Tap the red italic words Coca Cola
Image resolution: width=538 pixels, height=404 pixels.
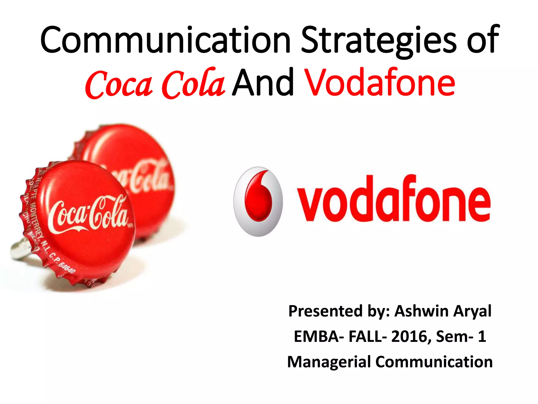tap(155, 84)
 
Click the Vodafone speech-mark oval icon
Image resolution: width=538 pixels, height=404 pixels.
tap(258, 201)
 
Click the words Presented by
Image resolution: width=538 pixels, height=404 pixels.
tap(339, 311)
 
